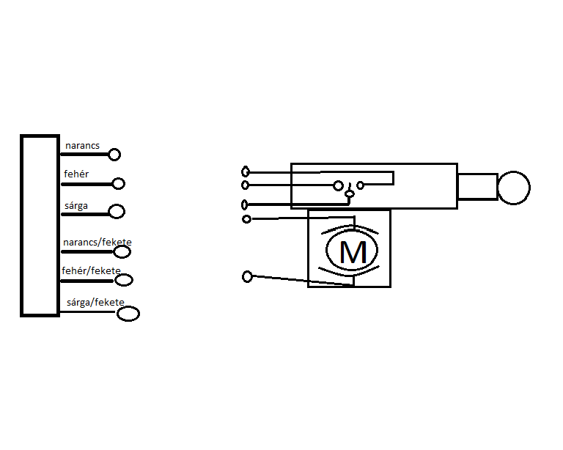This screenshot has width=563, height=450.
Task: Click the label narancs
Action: [x=82, y=146]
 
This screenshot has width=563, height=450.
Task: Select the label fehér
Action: [x=77, y=174]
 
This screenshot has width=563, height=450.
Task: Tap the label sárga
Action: [x=76, y=205]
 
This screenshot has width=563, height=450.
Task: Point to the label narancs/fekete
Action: [x=97, y=242]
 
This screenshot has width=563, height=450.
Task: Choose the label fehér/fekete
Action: [x=92, y=270]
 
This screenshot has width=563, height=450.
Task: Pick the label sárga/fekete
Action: [x=95, y=302]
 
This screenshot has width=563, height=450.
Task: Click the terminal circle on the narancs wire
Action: [x=114, y=155]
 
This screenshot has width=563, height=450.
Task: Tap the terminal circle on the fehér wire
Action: [x=118, y=184]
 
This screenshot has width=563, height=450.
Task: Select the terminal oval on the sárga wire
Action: [x=117, y=212]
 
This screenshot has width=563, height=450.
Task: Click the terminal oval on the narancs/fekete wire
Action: [x=122, y=251]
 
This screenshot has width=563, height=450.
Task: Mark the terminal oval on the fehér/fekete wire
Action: [x=124, y=280]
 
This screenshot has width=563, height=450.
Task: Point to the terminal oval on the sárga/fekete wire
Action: [x=128, y=314]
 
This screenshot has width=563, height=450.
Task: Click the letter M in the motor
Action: [x=353, y=252]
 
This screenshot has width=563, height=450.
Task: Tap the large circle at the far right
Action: [x=513, y=187]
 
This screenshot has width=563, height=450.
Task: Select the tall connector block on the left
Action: [x=40, y=226]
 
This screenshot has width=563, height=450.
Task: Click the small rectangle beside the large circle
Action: [x=477, y=187]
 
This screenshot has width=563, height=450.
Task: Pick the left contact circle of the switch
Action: [x=338, y=185]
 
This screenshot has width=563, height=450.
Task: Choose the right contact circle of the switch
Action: [x=360, y=185]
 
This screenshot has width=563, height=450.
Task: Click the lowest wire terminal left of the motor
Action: [x=247, y=276]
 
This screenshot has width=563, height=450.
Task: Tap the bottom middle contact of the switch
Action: [x=350, y=194]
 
